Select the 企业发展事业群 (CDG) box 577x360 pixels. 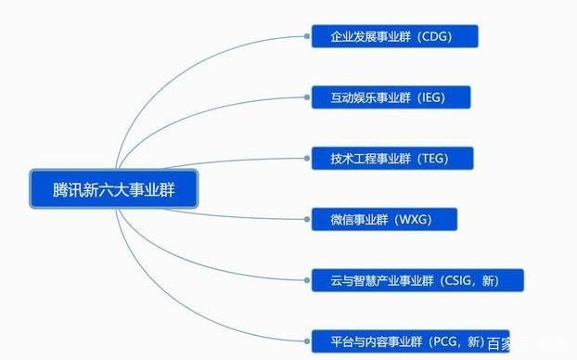(394, 37)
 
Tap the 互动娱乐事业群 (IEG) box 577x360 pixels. (391, 97)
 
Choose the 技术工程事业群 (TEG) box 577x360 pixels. (392, 159)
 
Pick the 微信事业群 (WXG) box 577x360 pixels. (384, 219)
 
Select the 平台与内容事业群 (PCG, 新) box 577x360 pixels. (408, 341)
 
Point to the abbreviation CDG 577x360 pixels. (447, 37)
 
